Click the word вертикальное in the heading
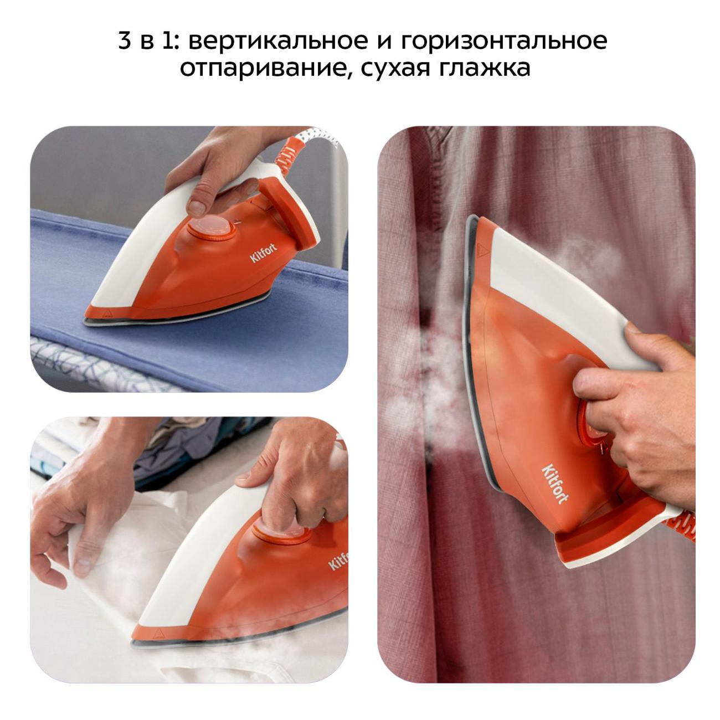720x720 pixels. (278, 41)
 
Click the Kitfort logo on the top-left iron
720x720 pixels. (264, 253)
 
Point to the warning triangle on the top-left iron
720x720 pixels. (108, 312)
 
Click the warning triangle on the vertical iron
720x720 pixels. (482, 250)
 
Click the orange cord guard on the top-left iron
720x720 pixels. (288, 157)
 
